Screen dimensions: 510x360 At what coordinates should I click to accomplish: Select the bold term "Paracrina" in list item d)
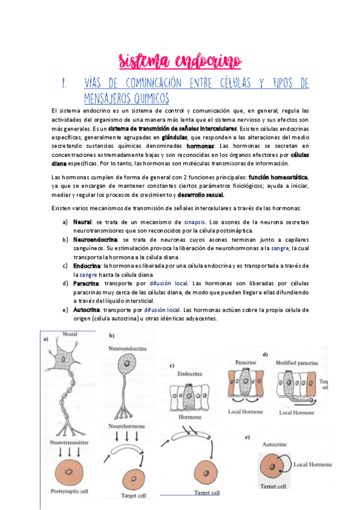tap(86, 283)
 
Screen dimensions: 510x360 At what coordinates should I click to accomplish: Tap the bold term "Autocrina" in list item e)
tap(87, 309)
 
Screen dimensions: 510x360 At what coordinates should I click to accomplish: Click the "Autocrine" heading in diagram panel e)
tap(279, 443)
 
